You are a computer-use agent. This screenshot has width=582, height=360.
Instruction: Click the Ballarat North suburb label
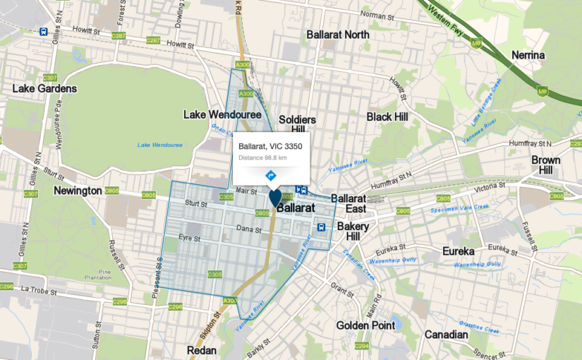338,35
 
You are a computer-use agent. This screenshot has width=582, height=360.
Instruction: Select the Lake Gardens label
44,89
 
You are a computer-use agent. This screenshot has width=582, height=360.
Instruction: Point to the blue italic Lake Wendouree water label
159,145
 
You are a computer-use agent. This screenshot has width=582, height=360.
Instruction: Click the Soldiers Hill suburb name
297,124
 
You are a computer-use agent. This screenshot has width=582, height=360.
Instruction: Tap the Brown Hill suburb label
546,165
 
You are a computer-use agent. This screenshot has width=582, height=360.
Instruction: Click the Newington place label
78,191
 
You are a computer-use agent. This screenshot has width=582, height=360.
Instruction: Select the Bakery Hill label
353,231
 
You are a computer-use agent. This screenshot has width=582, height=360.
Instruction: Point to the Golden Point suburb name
367,325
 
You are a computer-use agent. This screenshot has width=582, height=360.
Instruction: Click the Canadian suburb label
446,335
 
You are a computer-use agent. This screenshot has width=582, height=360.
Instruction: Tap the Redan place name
201,350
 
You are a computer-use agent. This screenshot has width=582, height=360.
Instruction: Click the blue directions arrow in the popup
270,174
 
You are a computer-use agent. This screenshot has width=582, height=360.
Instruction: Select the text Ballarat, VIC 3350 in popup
270,146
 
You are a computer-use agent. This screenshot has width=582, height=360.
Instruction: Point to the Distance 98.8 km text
262,157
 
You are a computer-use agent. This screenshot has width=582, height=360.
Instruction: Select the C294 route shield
362,346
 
